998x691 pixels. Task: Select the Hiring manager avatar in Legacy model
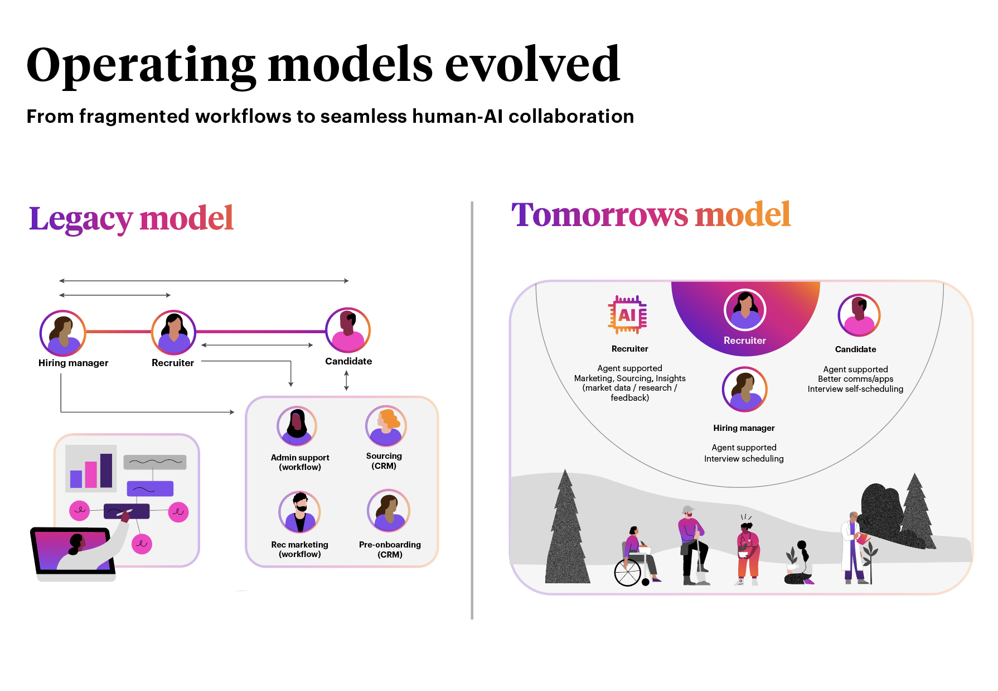pyautogui.click(x=62, y=333)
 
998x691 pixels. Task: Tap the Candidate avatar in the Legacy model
pyautogui.click(x=348, y=330)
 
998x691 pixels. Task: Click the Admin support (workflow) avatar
pyautogui.click(x=297, y=426)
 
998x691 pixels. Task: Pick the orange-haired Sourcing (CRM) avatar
pyautogui.click(x=386, y=426)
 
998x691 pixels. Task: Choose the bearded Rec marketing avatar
pyautogui.click(x=300, y=512)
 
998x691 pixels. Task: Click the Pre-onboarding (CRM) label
pyautogui.click(x=390, y=549)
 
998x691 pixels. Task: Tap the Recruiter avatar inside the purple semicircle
pyautogui.click(x=745, y=310)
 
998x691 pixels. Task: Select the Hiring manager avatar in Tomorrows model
pyautogui.click(x=744, y=389)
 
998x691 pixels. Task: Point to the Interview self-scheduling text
pyautogui.click(x=855, y=389)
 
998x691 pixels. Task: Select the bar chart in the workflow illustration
pyautogui.click(x=91, y=469)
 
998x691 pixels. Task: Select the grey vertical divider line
pyautogui.click(x=472, y=410)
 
